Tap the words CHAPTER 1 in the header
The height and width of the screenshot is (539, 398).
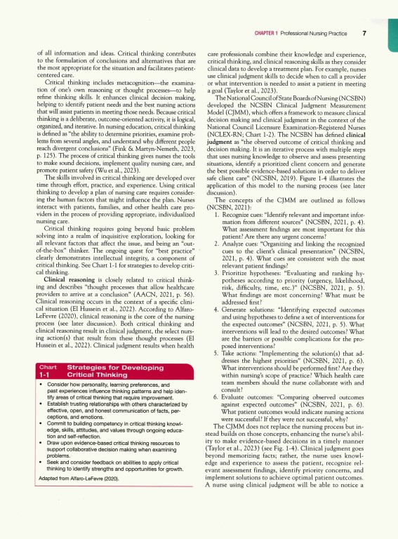coord(267,34)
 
